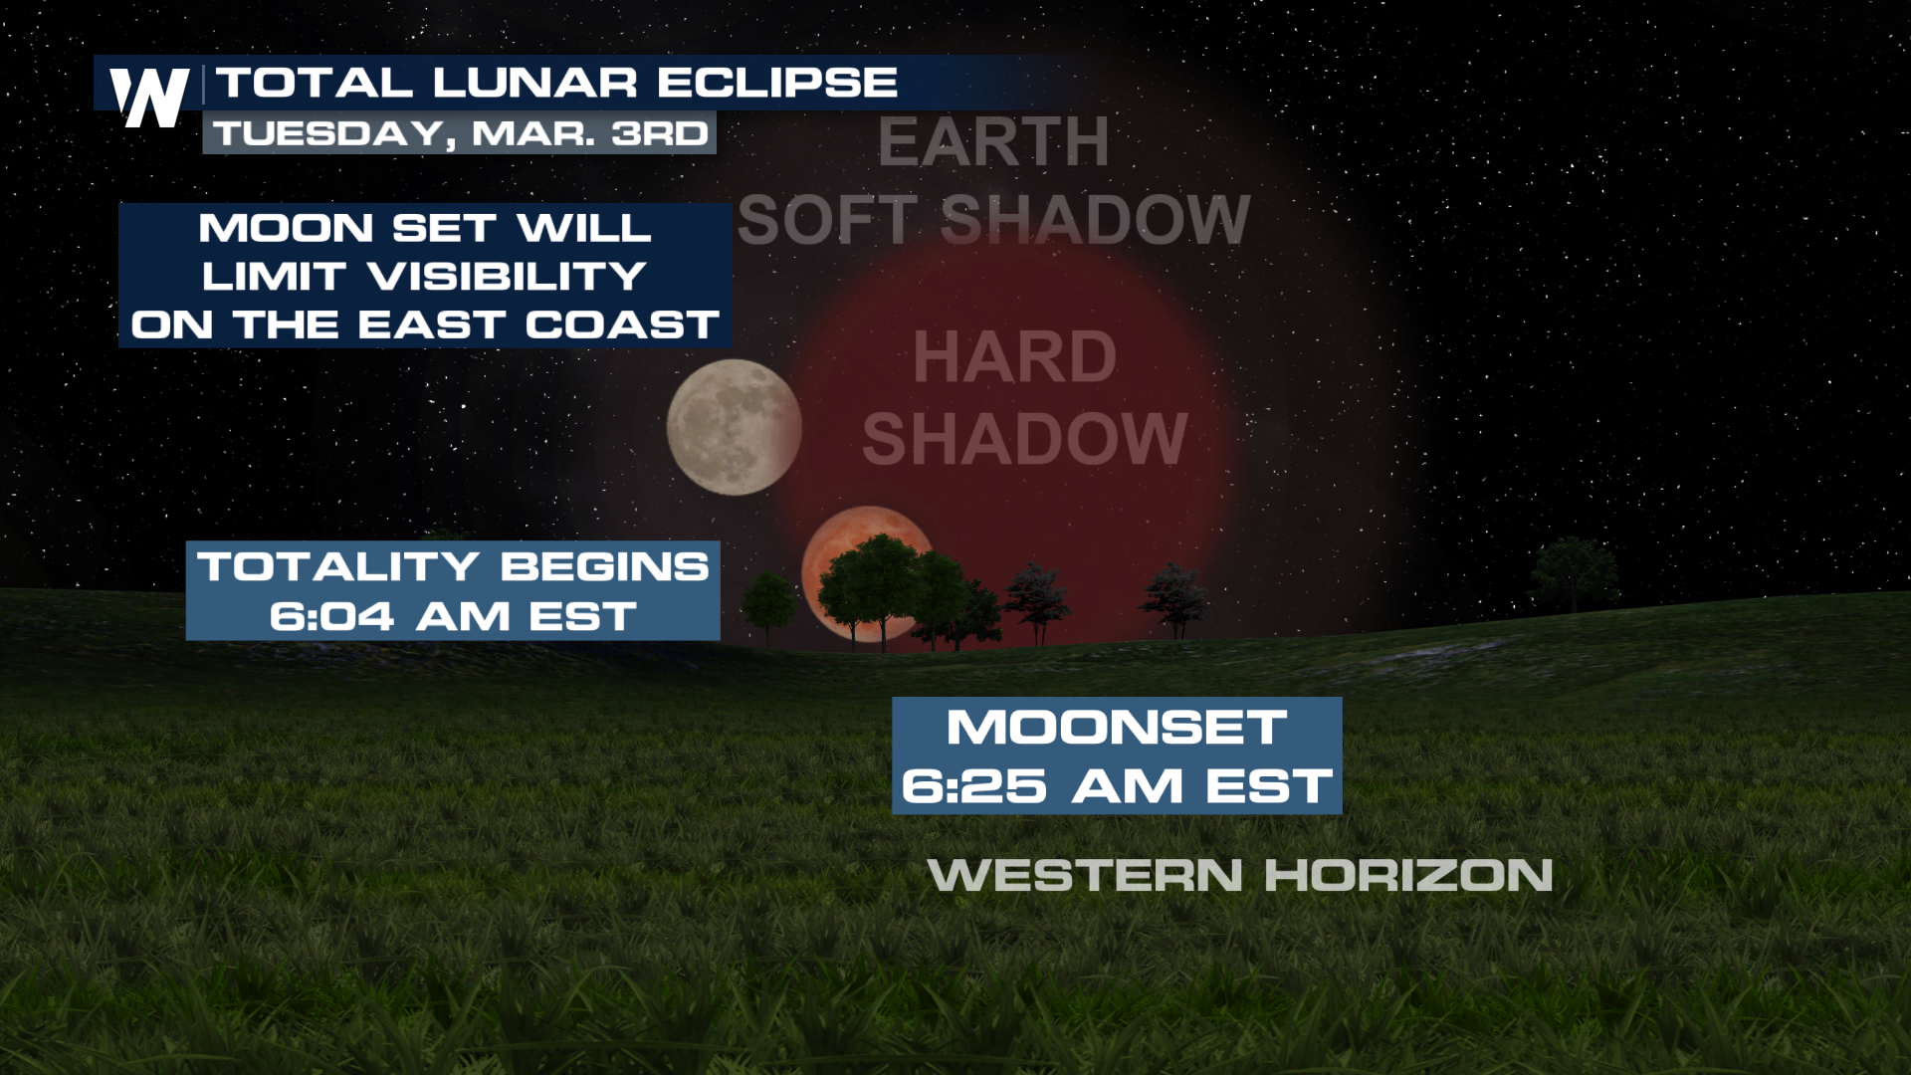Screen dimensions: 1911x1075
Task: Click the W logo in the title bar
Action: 149,98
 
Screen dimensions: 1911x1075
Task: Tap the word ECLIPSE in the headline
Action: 777,83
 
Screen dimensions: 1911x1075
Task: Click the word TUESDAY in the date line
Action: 328,134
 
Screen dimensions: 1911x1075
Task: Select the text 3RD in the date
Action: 659,133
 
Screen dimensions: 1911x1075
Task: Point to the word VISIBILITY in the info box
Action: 508,277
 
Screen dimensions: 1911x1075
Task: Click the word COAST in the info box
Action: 622,324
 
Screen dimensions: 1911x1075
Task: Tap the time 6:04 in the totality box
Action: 331,617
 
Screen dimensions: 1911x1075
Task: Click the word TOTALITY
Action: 339,566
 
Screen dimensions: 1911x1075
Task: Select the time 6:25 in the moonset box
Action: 974,786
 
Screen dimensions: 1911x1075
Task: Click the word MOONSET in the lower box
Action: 1117,727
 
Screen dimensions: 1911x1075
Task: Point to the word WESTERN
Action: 1085,876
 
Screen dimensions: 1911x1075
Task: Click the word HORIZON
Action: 1408,876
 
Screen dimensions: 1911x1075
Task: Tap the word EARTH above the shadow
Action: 993,142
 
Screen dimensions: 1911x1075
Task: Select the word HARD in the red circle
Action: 1015,357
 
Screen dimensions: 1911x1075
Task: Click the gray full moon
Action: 735,428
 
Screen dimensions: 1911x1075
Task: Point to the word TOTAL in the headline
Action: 315,83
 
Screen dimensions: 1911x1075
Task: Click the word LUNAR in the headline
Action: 534,83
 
